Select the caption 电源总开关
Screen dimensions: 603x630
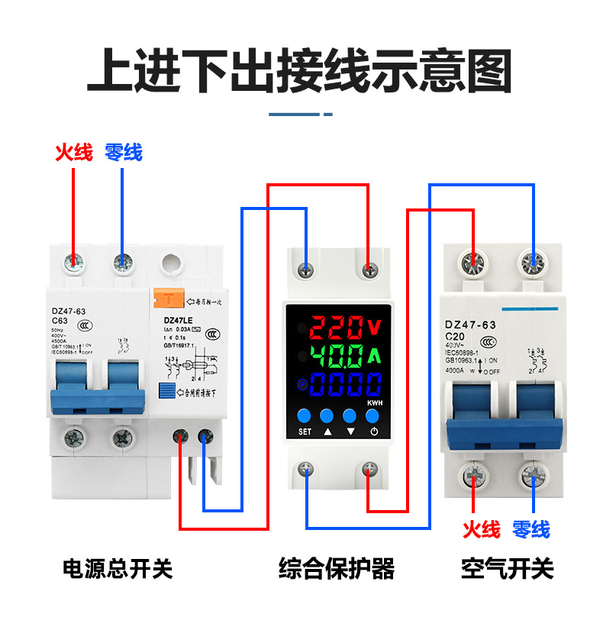click(117, 569)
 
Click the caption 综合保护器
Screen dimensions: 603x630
click(337, 569)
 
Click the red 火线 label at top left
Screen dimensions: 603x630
click(74, 153)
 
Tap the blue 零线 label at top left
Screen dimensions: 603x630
click(124, 153)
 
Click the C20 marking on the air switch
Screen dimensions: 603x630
click(456, 336)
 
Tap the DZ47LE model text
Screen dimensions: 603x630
click(177, 320)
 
